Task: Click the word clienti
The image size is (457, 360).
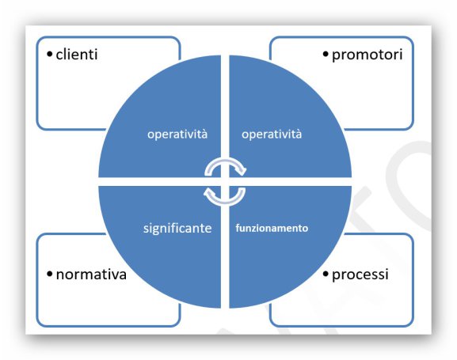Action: point(77,55)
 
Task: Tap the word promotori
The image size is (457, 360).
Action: point(368,55)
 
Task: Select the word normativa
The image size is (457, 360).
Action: point(91,275)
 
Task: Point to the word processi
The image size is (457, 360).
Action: point(360,275)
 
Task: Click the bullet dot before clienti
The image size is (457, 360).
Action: point(50,54)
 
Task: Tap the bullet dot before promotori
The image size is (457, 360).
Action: point(326,54)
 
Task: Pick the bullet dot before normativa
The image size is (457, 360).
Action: point(50,274)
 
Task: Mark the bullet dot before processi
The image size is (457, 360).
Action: point(326,274)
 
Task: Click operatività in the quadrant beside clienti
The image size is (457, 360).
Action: point(177,135)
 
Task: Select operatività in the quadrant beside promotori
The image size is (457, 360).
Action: point(272,135)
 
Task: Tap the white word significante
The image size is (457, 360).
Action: point(177,229)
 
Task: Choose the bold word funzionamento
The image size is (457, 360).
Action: point(272,228)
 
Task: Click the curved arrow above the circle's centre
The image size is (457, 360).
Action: point(225,160)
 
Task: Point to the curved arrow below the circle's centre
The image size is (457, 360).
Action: point(225,203)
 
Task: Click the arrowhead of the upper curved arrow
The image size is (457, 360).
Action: point(242,171)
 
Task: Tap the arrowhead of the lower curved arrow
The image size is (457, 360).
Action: point(208,192)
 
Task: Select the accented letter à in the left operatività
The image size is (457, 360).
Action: point(204,135)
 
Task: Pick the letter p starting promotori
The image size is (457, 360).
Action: point(336,56)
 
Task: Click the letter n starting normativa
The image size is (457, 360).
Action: point(59,275)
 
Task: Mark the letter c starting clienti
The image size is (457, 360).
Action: point(59,55)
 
